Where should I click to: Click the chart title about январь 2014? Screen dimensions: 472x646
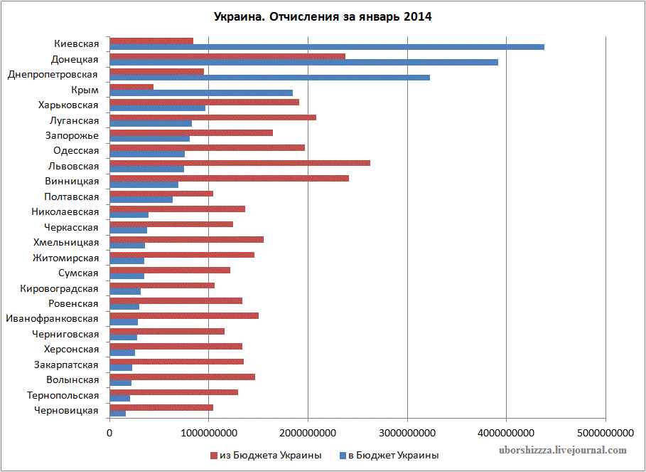322,16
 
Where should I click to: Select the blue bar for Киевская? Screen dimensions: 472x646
327,47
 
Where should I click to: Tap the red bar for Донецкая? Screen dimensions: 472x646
227,56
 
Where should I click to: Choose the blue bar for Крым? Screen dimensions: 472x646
201,93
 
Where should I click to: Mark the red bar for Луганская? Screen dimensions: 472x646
213,117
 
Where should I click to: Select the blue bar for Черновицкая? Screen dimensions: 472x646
118,414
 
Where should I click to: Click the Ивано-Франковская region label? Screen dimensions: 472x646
52,318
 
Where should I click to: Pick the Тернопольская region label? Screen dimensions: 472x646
63,395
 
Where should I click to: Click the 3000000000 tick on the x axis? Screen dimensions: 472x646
407,432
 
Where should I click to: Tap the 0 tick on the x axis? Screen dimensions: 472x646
109,432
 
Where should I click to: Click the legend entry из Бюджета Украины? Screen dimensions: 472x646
264,455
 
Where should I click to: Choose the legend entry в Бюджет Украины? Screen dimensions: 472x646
387,455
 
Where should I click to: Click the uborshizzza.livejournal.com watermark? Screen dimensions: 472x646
564,450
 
